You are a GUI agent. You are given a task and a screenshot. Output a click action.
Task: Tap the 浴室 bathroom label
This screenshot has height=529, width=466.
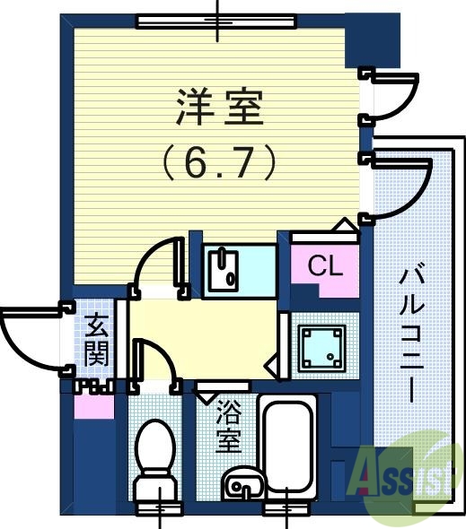click(x=229, y=427)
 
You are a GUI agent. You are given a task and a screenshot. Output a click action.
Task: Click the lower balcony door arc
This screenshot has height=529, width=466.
click(x=400, y=188)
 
